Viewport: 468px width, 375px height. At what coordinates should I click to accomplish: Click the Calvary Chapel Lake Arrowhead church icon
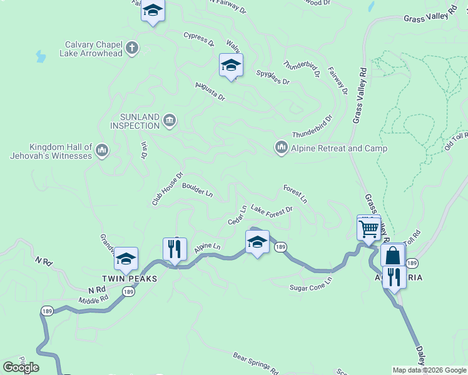coord(131,47)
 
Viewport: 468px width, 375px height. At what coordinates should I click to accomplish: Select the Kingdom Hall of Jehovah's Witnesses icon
coord(103,150)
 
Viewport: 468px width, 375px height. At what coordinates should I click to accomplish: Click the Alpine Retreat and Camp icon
coord(281,147)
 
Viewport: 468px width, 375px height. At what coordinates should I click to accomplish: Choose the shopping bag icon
coord(393,256)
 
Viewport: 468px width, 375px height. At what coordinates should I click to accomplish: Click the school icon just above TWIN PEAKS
coord(126,259)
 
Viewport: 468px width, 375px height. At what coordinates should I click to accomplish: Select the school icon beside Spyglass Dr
coord(231,65)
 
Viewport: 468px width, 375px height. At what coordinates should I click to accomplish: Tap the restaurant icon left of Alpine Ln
coord(175,248)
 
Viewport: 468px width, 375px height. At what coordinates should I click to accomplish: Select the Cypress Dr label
coord(199,39)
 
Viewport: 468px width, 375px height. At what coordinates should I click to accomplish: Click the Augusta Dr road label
coord(209,92)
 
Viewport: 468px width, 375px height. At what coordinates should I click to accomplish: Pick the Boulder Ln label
coord(197,189)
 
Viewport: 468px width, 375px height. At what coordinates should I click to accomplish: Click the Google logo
coord(21,367)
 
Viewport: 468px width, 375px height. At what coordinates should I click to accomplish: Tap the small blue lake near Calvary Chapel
coord(41,57)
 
